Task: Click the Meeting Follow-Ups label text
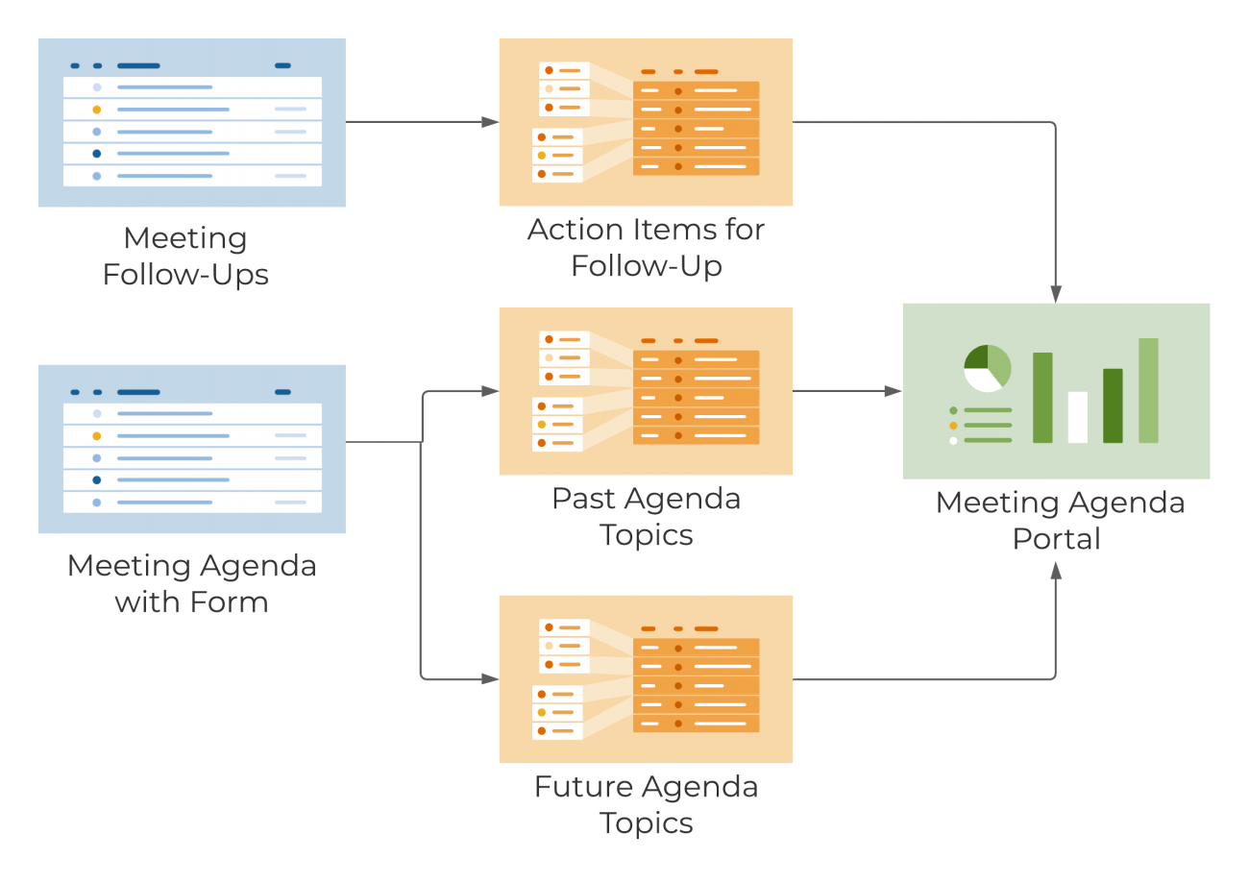tap(185, 256)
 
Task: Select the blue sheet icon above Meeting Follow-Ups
tap(191, 123)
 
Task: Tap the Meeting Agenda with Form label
tap(191, 583)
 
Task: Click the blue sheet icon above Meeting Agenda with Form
tap(191, 449)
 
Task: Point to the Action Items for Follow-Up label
tap(646, 247)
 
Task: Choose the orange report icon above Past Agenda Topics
tap(646, 391)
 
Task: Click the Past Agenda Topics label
tap(646, 516)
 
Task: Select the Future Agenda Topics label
tap(646, 804)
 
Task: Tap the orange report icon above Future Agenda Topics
tap(646, 679)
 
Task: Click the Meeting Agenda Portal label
tap(1060, 520)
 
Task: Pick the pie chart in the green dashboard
tap(987, 369)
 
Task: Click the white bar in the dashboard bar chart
tap(1077, 417)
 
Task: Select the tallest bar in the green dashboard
tap(1148, 390)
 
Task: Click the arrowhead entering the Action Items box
tap(491, 122)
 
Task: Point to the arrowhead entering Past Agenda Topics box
tap(491, 391)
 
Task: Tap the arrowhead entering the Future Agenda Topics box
tap(491, 679)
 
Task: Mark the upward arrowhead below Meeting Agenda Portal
tap(1056, 571)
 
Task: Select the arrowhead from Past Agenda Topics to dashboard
tap(894, 391)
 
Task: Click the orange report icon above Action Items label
tap(646, 122)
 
